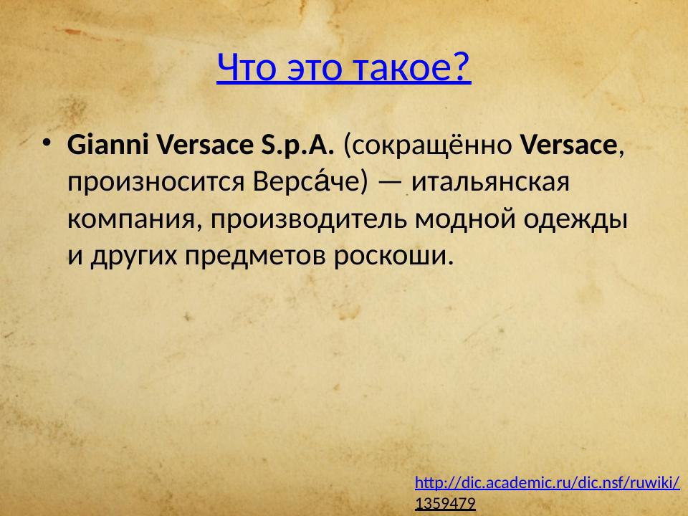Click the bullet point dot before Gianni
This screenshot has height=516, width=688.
click(47, 142)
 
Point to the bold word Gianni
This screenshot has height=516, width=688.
click(108, 145)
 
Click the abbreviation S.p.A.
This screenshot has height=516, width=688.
click(293, 145)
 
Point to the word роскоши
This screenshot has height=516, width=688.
click(393, 255)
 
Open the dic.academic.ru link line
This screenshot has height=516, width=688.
click(548, 482)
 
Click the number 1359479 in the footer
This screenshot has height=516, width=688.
click(445, 504)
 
